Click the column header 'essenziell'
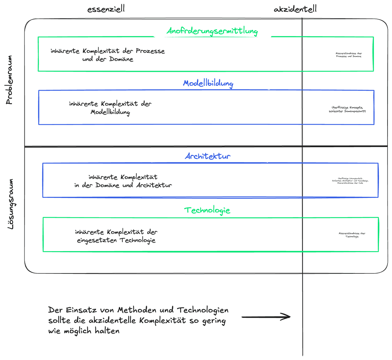[x=106, y=9]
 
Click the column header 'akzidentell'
[x=295, y=9]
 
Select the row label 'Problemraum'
[x=9, y=80]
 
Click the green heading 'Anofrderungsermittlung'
[x=212, y=32]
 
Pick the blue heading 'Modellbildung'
[x=208, y=83]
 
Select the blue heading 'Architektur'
[x=208, y=156]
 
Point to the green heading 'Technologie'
[x=207, y=210]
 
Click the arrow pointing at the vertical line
[x=266, y=317]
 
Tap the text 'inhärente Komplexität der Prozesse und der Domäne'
[x=108, y=55]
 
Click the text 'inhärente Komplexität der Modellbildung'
[x=110, y=108]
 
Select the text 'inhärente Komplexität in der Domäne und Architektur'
[x=123, y=181]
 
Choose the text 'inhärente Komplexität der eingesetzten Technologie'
[x=116, y=236]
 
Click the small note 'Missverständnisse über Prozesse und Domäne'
[x=348, y=55]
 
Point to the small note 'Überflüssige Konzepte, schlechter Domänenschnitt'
[x=347, y=109]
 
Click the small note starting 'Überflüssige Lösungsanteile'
[x=350, y=181]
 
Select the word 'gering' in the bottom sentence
[x=214, y=321]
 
